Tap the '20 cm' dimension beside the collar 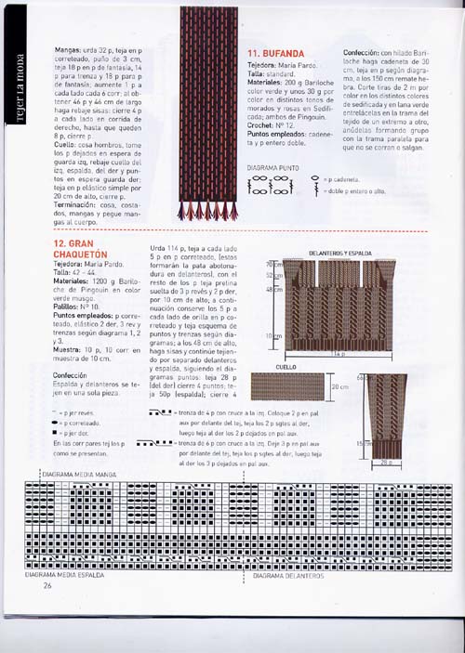click(341, 387)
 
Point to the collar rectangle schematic click(297, 388)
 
